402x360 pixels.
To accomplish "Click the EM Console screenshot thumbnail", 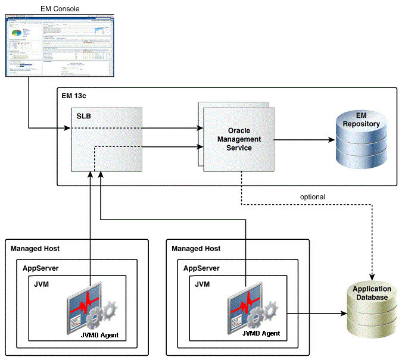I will [60, 47].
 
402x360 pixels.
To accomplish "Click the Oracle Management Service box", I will [236, 139].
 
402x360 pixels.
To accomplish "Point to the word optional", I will [312, 196].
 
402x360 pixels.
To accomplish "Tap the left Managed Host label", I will [35, 248].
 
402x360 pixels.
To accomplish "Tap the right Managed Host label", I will [196, 248].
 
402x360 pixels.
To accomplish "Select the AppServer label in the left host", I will [40, 268].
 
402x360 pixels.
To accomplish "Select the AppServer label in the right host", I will [201, 268].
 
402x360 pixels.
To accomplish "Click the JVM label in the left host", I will [42, 284].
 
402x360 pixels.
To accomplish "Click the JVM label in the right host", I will [202, 284].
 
